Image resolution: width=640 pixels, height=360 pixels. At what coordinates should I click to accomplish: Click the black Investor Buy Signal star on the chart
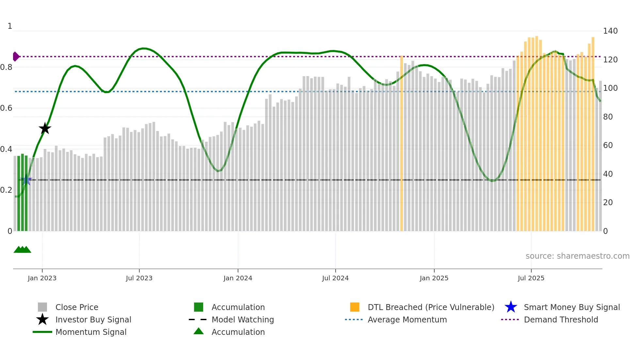click(45, 128)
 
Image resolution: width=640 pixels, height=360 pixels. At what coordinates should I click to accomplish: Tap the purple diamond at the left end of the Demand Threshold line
click(16, 57)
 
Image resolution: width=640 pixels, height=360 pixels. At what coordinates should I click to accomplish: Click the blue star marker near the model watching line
click(26, 180)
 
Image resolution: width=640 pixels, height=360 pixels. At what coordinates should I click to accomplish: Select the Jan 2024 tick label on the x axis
click(238, 278)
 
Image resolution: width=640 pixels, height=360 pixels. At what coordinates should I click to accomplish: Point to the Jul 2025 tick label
click(531, 278)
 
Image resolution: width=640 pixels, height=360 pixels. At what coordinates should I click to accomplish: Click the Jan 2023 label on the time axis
click(42, 278)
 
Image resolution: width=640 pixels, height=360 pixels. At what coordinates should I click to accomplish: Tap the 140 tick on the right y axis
click(610, 31)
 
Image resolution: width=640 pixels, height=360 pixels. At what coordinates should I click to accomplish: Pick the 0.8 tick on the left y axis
click(6, 67)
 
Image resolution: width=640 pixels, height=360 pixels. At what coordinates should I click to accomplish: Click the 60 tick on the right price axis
click(608, 145)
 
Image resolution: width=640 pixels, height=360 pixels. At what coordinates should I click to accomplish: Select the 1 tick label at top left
click(10, 26)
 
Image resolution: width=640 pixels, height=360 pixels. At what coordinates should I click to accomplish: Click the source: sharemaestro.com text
click(577, 256)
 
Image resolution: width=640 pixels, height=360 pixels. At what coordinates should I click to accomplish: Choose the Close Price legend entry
click(77, 307)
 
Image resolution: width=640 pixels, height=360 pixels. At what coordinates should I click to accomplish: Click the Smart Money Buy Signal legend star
click(511, 307)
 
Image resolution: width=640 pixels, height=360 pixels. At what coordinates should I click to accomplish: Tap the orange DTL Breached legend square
click(355, 307)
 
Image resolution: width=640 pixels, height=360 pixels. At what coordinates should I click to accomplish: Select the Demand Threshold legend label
click(561, 319)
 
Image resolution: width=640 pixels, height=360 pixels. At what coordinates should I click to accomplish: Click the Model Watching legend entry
click(243, 319)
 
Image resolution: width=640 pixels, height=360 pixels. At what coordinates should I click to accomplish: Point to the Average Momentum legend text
click(407, 319)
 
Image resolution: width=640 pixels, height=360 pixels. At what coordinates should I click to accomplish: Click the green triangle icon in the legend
click(199, 331)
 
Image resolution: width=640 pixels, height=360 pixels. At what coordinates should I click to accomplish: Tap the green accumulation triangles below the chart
click(22, 250)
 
